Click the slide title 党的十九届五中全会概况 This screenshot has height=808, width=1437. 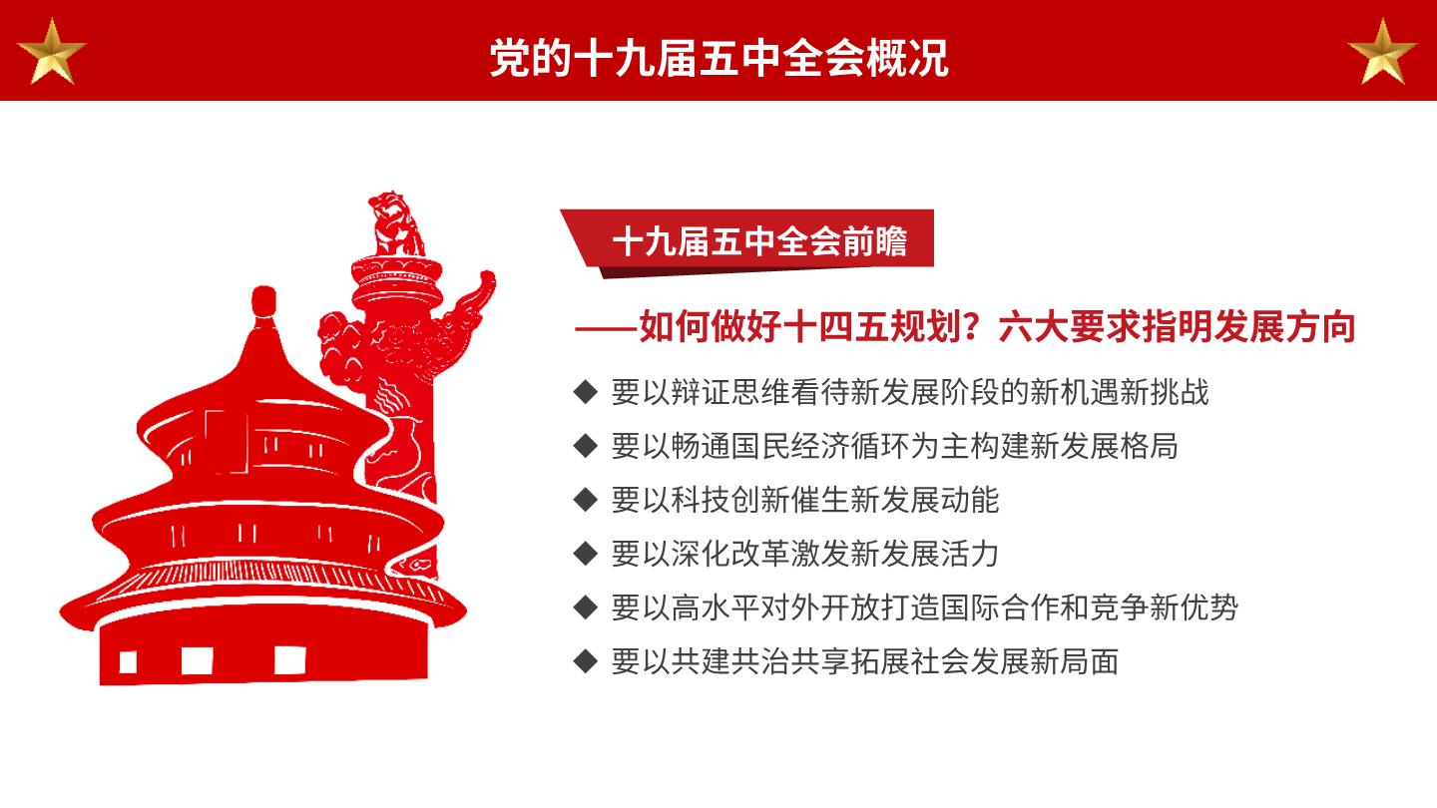[x=718, y=58]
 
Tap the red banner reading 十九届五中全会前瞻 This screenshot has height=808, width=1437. [x=747, y=241]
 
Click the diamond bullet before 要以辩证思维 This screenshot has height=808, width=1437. [x=586, y=392]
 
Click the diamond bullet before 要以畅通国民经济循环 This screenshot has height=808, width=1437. [x=586, y=446]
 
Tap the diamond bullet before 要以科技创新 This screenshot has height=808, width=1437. [x=586, y=500]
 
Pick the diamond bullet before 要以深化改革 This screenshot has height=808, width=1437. [x=586, y=554]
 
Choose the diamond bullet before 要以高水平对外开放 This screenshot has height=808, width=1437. [x=586, y=607]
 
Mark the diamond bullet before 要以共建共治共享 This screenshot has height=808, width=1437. [x=586, y=661]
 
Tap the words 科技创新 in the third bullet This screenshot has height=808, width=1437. [x=730, y=500]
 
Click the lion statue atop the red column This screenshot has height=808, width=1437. [x=396, y=224]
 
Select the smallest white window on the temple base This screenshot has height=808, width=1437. [x=129, y=661]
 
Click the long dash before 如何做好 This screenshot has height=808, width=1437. [x=607, y=329]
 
